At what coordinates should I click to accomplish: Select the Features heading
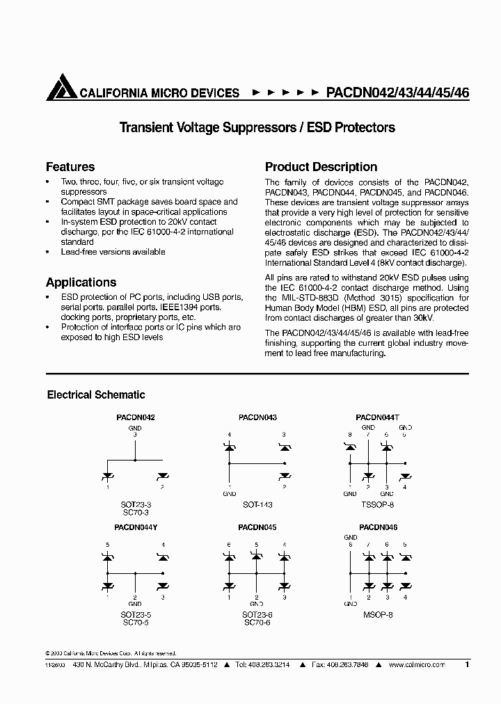pyautogui.click(x=70, y=167)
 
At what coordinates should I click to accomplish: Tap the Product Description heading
pyautogui.click(x=321, y=167)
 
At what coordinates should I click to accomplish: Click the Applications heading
pyautogui.click(x=81, y=282)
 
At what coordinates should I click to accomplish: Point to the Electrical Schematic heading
pyautogui.click(x=96, y=394)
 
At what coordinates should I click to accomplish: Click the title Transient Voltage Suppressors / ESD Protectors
pyautogui.click(x=257, y=127)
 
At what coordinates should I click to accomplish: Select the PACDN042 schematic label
pyautogui.click(x=135, y=417)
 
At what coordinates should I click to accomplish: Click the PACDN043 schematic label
pyautogui.click(x=257, y=417)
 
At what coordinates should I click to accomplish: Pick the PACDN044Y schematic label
pyautogui.click(x=135, y=528)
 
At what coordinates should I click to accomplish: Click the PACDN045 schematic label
pyautogui.click(x=257, y=528)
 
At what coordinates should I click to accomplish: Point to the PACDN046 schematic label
pyautogui.click(x=378, y=528)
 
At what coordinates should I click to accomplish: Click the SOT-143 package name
pyautogui.click(x=257, y=504)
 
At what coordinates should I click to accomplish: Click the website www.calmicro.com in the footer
pyautogui.click(x=417, y=665)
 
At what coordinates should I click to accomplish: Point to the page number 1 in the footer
pyautogui.click(x=467, y=665)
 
